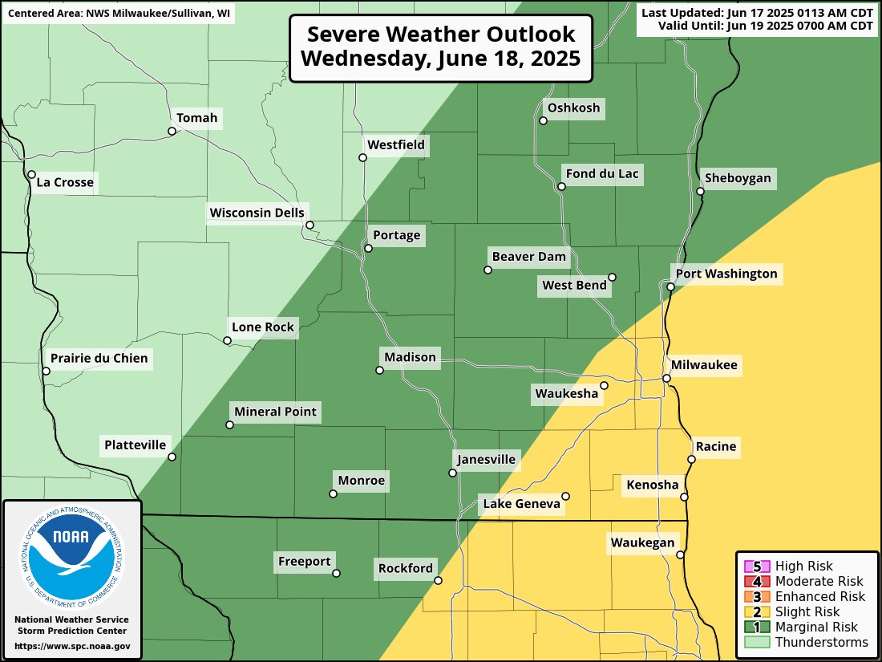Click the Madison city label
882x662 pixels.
[410, 357]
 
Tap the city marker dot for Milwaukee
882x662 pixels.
[666, 378]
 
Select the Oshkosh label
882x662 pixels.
[573, 108]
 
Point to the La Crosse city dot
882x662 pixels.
[31, 174]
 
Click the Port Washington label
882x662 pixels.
[726, 274]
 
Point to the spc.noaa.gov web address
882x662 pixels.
[72, 646]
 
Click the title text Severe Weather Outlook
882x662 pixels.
[441, 35]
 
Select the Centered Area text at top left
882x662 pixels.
[119, 14]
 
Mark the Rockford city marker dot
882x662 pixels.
[438, 579]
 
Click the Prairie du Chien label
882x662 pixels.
[99, 358]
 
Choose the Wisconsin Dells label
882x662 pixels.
[257, 213]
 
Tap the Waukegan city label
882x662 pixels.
[642, 542]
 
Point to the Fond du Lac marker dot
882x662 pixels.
[561, 186]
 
